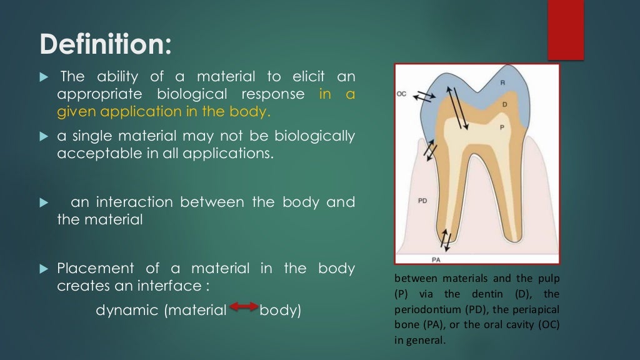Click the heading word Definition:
pos(105,44)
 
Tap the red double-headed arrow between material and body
pos(244,306)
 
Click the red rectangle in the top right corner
pos(565,29)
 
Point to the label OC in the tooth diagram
pos(402,94)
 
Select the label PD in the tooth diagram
pos(422,201)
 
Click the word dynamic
pos(127,310)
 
